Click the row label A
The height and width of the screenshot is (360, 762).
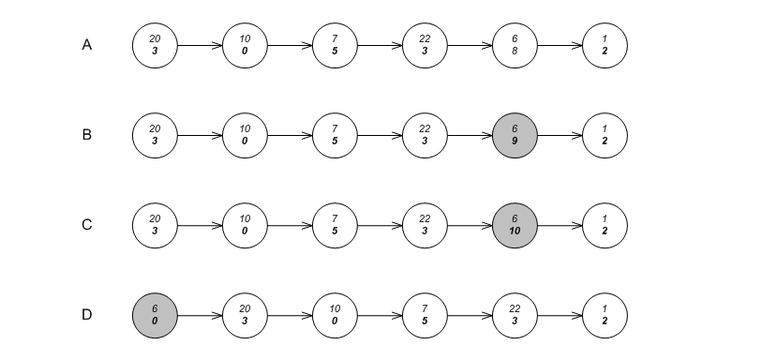(87, 45)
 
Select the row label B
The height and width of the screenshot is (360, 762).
(87, 135)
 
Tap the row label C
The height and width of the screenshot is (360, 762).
(87, 225)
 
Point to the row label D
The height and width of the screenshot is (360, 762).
(87, 315)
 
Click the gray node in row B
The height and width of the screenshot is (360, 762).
(515, 135)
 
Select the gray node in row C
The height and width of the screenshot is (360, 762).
(515, 225)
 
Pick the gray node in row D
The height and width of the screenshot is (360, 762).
(155, 315)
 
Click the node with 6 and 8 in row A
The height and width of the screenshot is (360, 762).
(515, 45)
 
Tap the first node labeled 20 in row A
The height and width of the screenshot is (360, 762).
(155, 45)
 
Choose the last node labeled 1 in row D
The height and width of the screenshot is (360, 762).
(605, 315)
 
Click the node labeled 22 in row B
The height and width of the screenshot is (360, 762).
(425, 135)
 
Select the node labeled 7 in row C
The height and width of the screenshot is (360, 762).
(335, 225)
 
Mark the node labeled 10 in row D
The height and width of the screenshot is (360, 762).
(335, 315)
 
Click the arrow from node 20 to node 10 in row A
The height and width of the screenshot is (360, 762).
(200, 45)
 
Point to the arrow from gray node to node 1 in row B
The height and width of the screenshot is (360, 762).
(560, 135)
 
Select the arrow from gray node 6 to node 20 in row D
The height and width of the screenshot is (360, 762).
(200, 315)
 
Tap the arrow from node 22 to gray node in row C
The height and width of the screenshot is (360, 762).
(470, 225)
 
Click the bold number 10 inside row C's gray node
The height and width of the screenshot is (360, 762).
(515, 231)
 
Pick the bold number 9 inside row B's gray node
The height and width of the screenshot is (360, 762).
(515, 141)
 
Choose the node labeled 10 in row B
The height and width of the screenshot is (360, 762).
(245, 135)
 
